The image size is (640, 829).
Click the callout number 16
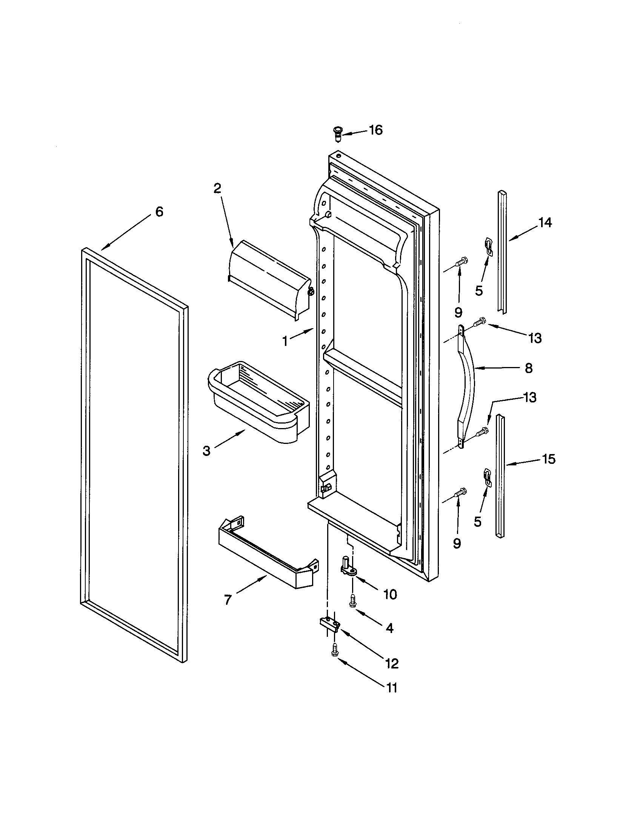pyautogui.click(x=375, y=130)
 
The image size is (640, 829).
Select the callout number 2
pyautogui.click(x=217, y=189)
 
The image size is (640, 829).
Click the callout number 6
pyautogui.click(x=159, y=212)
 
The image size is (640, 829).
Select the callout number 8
pyautogui.click(x=528, y=368)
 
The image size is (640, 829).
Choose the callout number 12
pyautogui.click(x=391, y=664)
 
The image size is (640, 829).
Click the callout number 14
pyautogui.click(x=545, y=223)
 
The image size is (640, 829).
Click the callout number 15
pyautogui.click(x=549, y=459)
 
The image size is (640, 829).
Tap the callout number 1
pyautogui.click(x=285, y=341)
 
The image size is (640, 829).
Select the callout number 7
pyautogui.click(x=228, y=600)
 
